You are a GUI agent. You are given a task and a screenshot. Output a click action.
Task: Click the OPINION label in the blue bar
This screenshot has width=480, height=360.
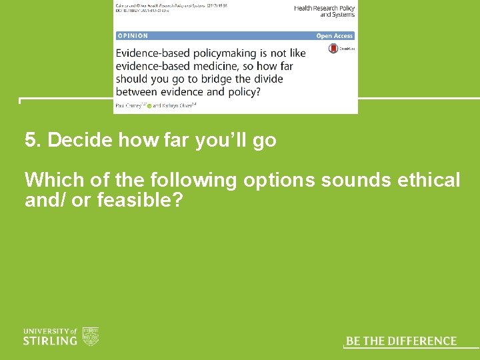(x=133, y=35)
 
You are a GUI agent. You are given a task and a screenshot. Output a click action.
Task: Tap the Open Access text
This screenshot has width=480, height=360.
(x=335, y=35)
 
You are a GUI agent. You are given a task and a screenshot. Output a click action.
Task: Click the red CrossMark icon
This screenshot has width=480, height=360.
(x=333, y=49)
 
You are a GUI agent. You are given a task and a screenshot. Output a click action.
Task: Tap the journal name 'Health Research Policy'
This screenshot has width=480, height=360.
(x=325, y=8)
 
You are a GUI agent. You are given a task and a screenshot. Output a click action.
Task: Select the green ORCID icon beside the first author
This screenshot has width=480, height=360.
(x=149, y=105)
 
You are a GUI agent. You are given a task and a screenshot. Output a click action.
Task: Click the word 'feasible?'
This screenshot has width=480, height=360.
(x=139, y=199)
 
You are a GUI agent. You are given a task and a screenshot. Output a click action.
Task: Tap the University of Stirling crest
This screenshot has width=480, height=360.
(x=91, y=336)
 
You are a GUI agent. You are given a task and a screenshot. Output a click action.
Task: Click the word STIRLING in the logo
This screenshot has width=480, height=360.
(x=50, y=341)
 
